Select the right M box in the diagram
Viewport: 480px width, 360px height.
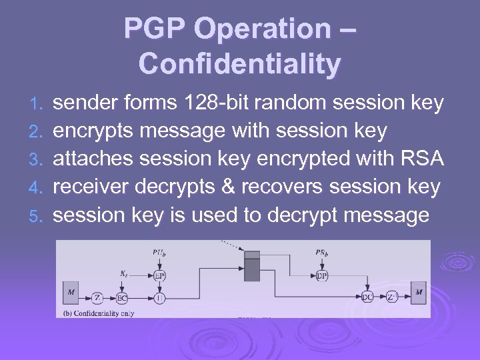pyautogui.click(x=419, y=292)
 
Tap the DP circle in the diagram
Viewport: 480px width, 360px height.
pyautogui.click(x=321, y=276)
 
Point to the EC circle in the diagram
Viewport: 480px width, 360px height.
pyautogui.click(x=121, y=297)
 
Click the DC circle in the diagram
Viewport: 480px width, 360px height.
pyautogui.click(x=367, y=297)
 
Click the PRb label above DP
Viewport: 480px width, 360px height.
pyautogui.click(x=321, y=253)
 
